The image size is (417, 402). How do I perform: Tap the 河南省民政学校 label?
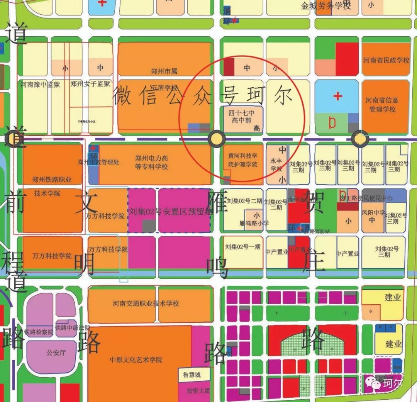pos(386,61)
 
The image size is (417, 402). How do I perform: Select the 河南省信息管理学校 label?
pos(382,105)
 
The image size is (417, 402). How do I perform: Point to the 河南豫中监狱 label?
pos(41,84)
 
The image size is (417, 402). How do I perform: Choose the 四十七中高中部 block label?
pos(242,116)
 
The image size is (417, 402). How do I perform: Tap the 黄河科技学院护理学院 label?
pos(242,160)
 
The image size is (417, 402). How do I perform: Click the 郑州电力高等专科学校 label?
pos(151,163)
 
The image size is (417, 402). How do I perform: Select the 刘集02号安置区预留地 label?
pos(171,211)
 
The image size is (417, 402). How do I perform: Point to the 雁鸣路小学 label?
pos(254,223)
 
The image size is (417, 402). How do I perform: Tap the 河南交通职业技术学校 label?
pos(146,304)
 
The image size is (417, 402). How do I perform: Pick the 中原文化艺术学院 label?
pos(136,360)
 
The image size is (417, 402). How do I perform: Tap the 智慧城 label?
pos(189,374)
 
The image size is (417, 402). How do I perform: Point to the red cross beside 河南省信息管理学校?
pos(338,95)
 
